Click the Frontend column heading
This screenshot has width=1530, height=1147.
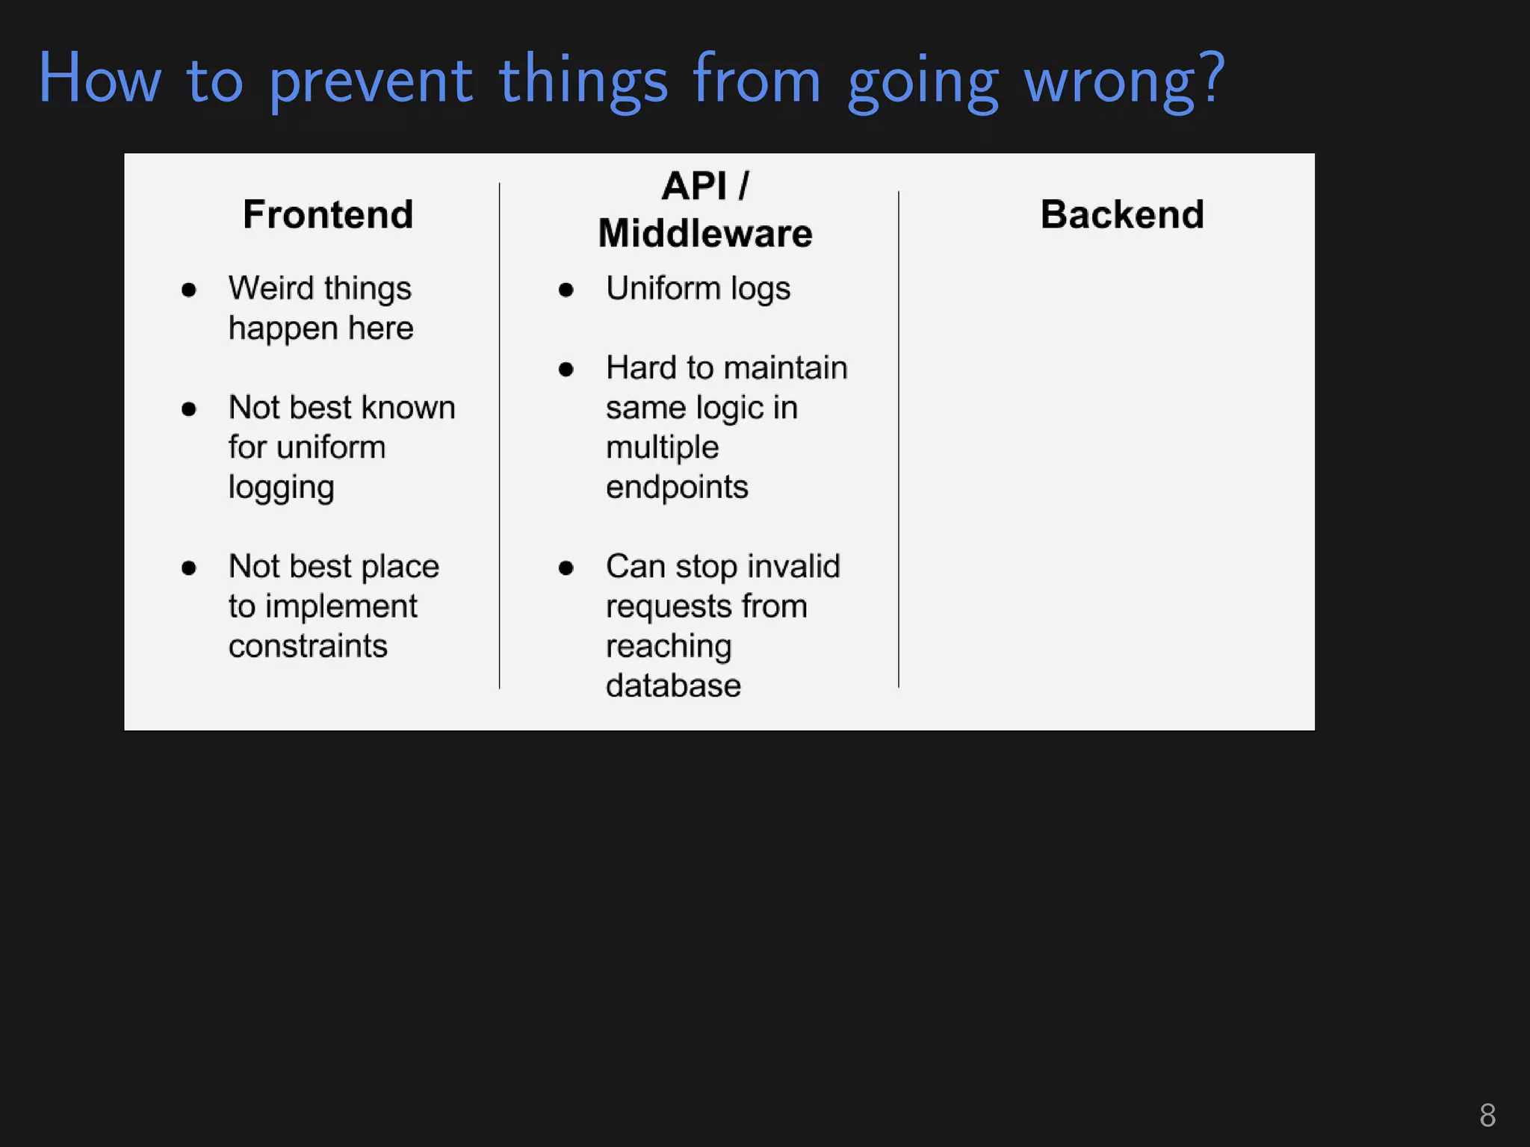pyautogui.click(x=328, y=215)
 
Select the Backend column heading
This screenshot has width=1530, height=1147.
pyautogui.click(x=1122, y=215)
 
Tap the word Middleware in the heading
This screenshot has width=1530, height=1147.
pyautogui.click(x=704, y=234)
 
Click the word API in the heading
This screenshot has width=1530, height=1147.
pyautogui.click(x=694, y=186)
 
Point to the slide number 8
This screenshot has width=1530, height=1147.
pyautogui.click(x=1487, y=1116)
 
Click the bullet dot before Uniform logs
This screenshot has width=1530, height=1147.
pyautogui.click(x=566, y=290)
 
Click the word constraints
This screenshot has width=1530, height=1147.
pyautogui.click(x=308, y=646)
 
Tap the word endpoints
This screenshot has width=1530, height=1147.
pyautogui.click(x=677, y=487)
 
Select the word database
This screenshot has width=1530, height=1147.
pyautogui.click(x=673, y=686)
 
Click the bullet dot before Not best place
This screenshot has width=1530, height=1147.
pyautogui.click(x=189, y=568)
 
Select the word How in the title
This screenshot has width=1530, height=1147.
pyautogui.click(x=99, y=79)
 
